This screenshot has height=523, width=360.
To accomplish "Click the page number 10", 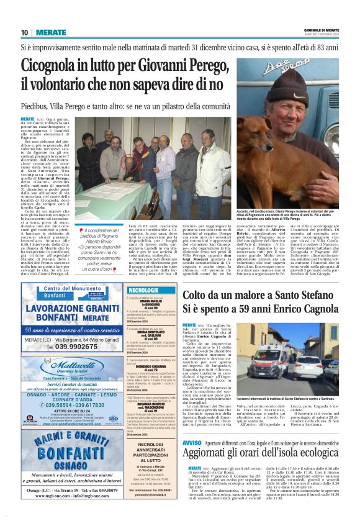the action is point(24,32).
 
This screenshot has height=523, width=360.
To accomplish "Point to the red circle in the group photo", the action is point(128,164).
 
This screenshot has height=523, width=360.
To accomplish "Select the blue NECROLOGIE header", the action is point(144,290).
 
